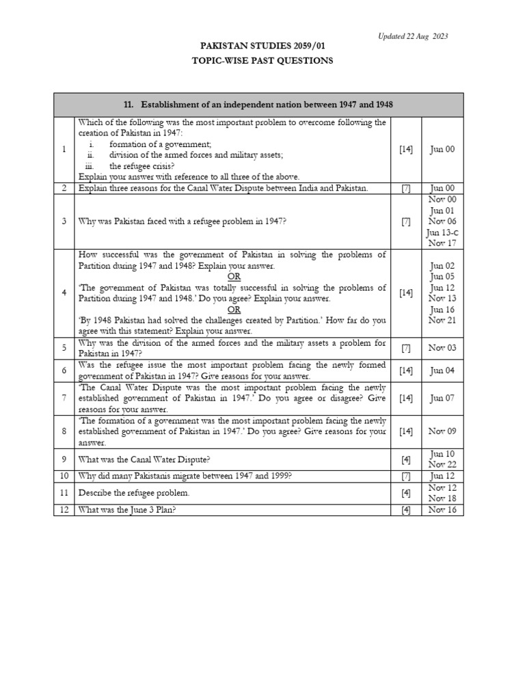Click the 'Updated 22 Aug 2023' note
tap(413, 36)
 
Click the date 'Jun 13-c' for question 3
tap(442, 232)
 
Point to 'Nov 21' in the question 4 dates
tap(442, 320)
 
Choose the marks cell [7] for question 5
tap(406, 348)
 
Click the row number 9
tap(64, 459)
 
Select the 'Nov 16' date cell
tap(442, 509)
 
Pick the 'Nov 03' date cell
tap(442, 348)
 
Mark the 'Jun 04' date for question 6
tap(442, 371)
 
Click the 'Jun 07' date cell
tap(442, 398)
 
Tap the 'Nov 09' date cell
tap(442, 431)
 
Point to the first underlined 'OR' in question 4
tap(234, 276)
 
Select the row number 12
tap(64, 509)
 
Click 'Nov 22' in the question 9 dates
tap(442, 465)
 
